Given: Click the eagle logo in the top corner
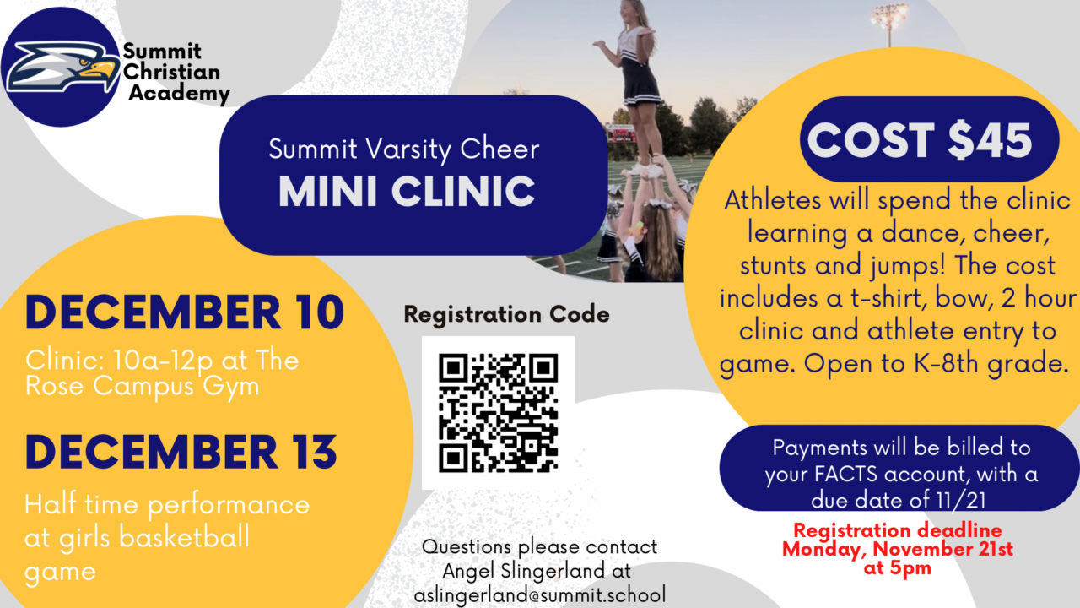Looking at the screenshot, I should coord(61,67).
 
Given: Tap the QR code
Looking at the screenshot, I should coord(498,413).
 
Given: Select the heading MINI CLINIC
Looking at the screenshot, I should coord(407,191).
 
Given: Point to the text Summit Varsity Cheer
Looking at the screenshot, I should coord(403,149).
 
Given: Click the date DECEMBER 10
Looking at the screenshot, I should coord(185,312).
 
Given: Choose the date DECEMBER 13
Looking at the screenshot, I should coord(181,451).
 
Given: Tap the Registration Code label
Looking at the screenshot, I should coord(506,315).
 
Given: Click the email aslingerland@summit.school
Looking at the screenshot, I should coord(539,594).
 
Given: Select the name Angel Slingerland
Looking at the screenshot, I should coord(537,572).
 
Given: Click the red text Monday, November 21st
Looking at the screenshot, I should coord(898,549).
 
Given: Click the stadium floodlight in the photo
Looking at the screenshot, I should coord(890,14).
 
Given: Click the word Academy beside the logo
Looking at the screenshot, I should coord(179,94).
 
